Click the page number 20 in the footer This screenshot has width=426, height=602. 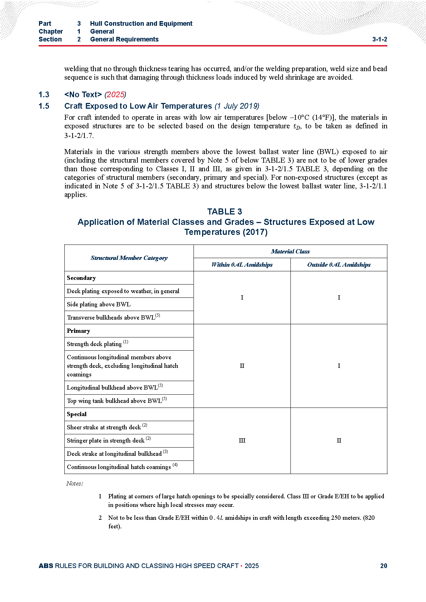383,566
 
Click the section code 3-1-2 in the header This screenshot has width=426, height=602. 380,39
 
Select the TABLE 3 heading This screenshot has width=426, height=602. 225,212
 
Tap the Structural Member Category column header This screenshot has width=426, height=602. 129,258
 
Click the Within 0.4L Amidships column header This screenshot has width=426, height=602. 242,265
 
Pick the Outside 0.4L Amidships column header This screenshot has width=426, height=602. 339,265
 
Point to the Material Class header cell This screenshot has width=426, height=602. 290,252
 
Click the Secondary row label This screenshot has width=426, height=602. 82,278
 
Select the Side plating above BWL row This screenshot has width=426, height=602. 99,305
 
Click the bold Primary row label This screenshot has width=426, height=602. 78,331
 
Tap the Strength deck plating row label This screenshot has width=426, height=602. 94,344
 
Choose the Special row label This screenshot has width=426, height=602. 77,414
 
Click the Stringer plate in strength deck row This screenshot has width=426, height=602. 106,441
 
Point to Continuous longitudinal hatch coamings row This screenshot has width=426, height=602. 119,467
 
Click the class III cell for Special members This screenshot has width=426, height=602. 242,441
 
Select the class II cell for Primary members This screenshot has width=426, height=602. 242,366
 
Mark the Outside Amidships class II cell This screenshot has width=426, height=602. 339,441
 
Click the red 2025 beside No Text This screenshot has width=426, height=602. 115,95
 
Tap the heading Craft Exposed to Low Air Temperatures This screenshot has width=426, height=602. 138,106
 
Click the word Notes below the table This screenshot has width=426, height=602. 74,484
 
